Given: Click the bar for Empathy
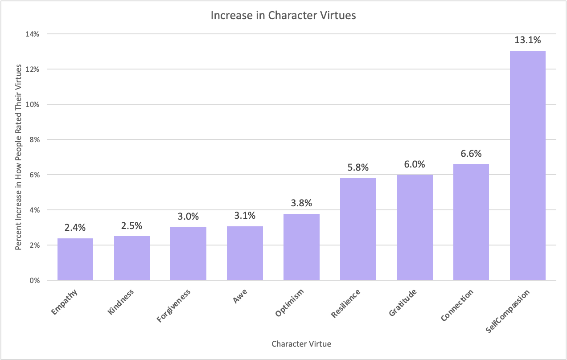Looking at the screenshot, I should (75, 259).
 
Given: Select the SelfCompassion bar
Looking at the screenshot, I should (527, 166).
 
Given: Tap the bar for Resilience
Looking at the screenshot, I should (358, 229).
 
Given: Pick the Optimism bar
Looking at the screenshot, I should (301, 247).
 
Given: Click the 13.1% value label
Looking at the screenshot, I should (528, 40).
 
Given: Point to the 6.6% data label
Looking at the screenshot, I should (471, 154).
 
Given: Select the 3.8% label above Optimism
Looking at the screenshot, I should (301, 203).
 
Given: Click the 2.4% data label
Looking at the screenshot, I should (75, 228).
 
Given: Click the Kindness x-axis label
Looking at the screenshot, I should (121, 302).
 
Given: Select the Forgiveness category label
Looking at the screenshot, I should (174, 305).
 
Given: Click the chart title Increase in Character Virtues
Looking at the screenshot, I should (283, 16).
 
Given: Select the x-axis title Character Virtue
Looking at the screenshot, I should (301, 344).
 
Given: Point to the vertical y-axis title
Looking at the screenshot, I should (19, 157).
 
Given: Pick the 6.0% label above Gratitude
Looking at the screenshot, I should (415, 164).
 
